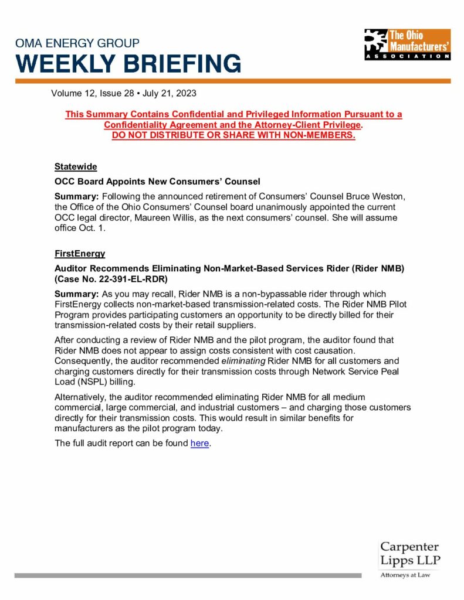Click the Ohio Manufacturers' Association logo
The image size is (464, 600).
point(407,44)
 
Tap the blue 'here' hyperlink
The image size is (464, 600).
point(199,443)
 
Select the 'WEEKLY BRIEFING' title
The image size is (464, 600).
point(128,63)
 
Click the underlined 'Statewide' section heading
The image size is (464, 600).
point(76,166)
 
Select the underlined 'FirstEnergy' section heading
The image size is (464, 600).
point(80,253)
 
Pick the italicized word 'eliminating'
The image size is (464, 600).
point(243,361)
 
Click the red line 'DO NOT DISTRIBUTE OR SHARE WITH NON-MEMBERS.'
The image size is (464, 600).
point(233,135)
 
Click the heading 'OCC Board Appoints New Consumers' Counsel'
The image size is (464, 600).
point(157,181)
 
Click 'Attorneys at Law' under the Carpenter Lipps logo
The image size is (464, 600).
point(405,575)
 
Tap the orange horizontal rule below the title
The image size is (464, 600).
point(232,81)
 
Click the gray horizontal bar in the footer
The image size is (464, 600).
point(188,575)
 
